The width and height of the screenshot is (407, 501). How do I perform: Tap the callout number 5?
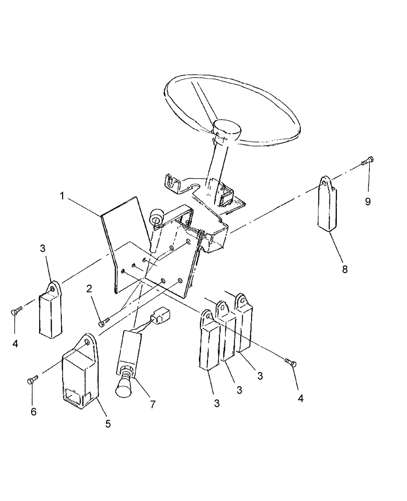pos(108,424)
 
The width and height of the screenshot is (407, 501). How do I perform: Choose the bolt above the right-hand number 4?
pos(290,362)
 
